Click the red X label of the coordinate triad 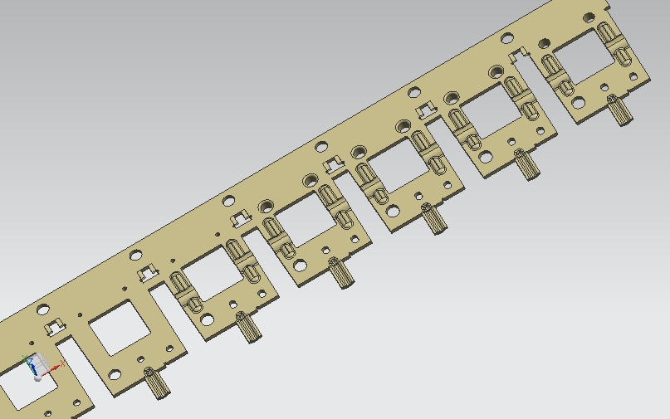click(63, 363)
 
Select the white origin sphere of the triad click(37, 378)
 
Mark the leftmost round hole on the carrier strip click(43, 310)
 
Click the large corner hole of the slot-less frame click(115, 374)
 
